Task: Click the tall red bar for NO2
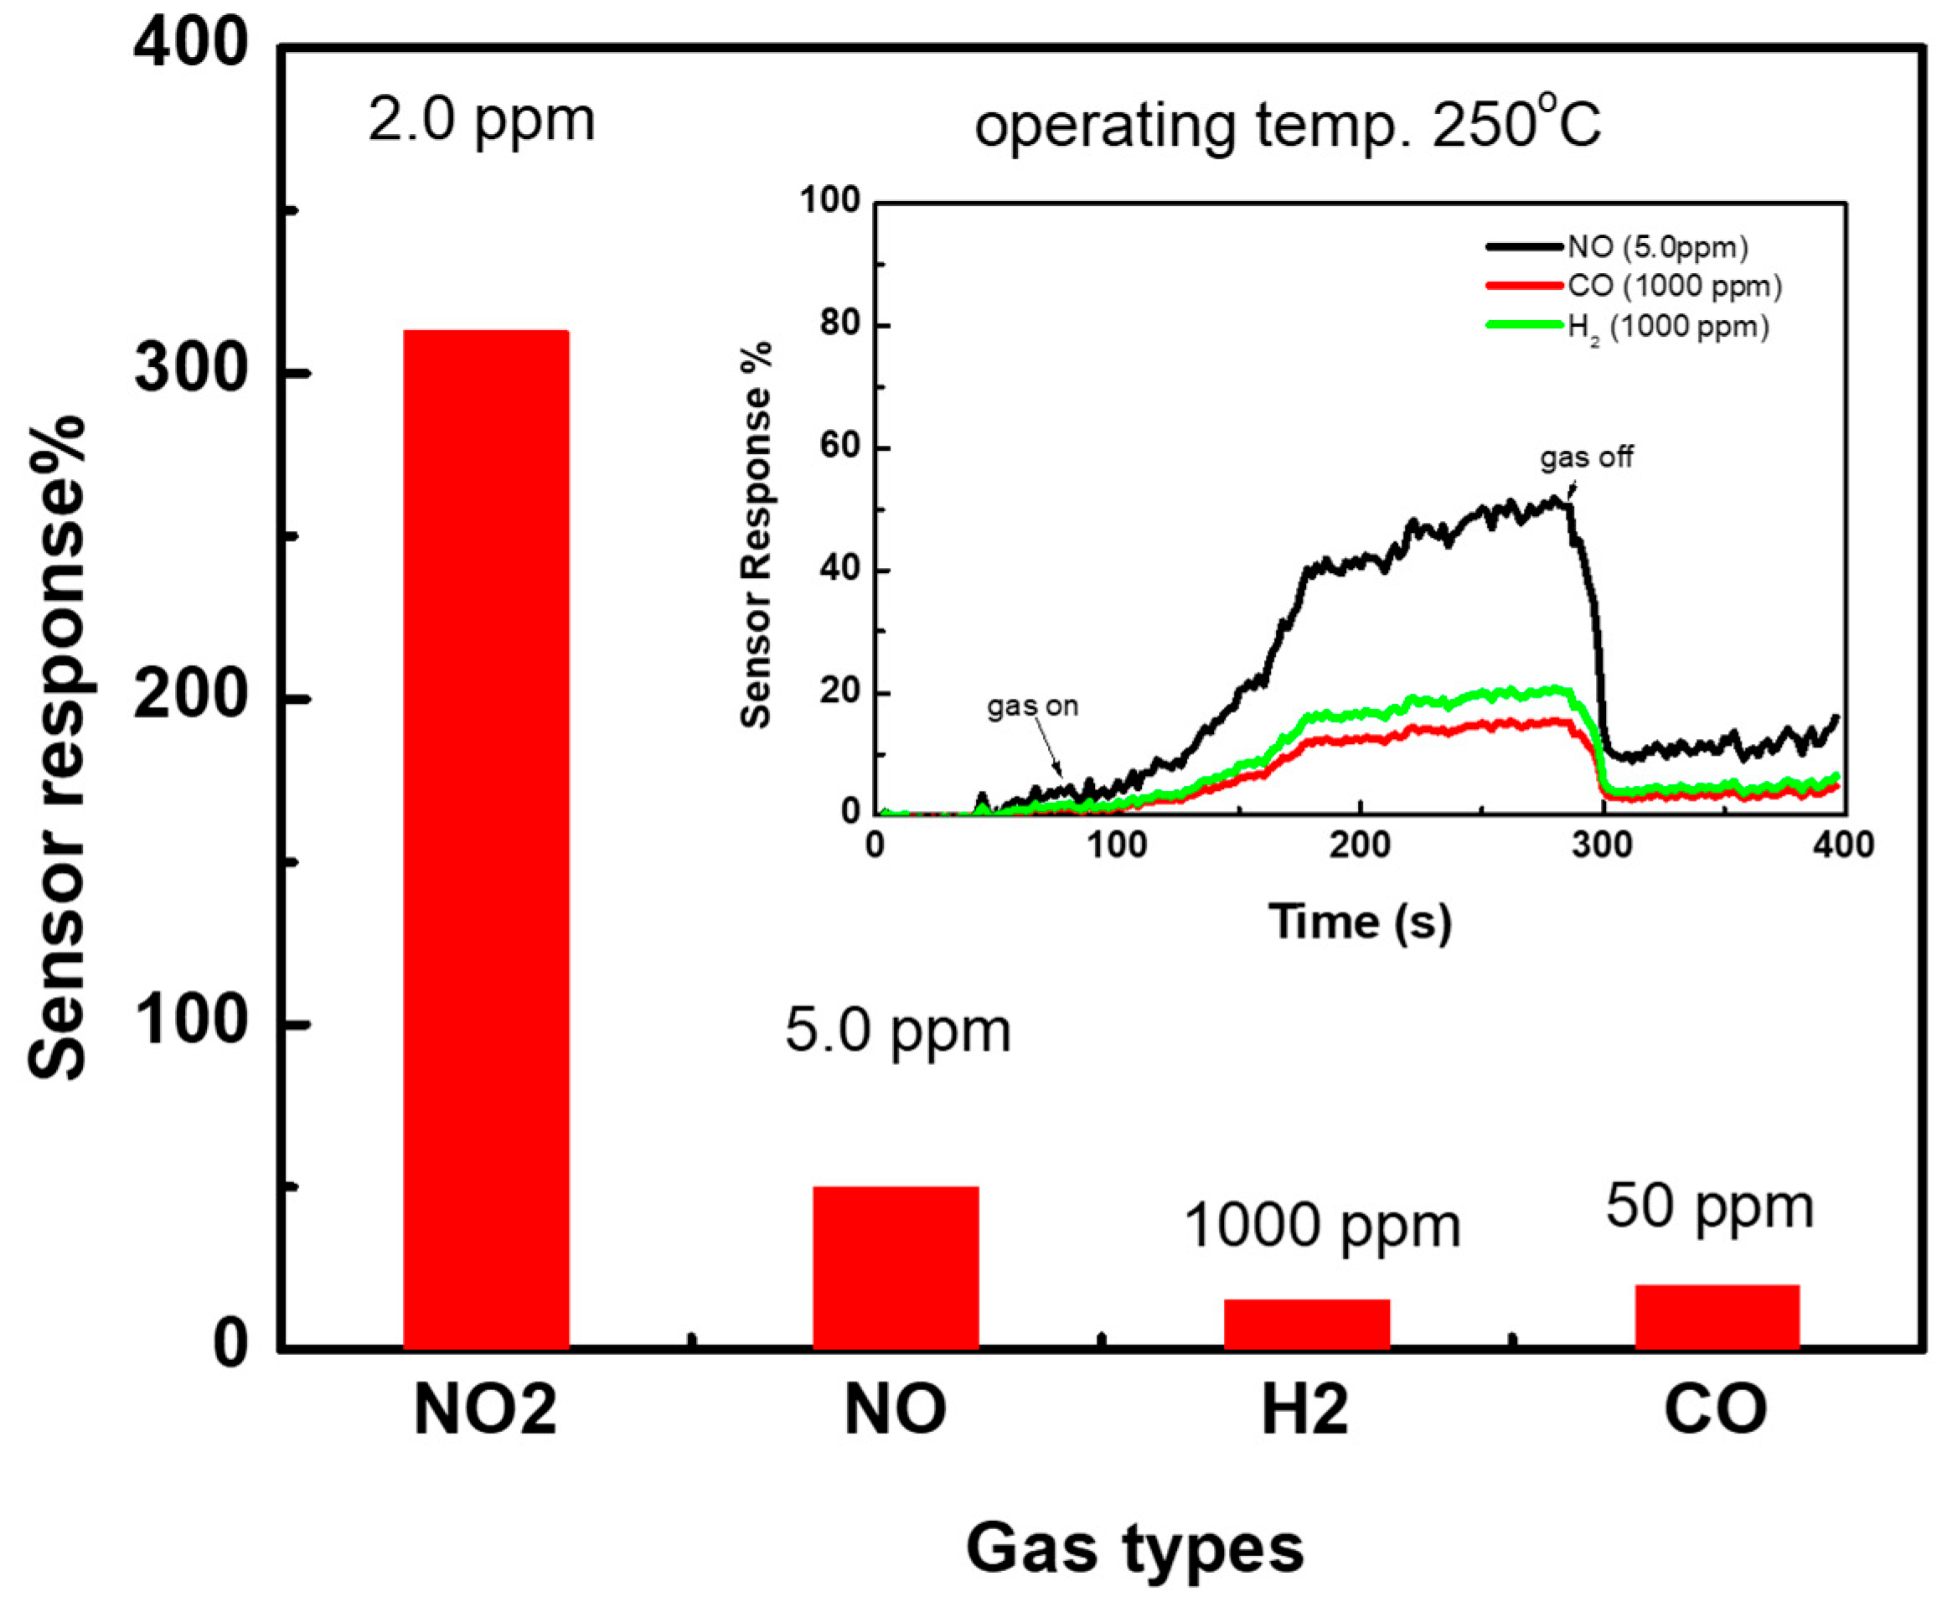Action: pos(486,839)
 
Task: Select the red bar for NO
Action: pos(895,1268)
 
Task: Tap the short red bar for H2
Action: pos(1306,1324)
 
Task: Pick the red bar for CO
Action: pos(1717,1316)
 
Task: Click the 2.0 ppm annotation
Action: pos(481,121)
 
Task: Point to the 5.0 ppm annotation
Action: pos(897,1031)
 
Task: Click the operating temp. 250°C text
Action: pos(1288,126)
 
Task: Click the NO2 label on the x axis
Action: pos(485,1409)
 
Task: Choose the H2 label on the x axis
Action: pos(1304,1409)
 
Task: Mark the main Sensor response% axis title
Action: pos(57,747)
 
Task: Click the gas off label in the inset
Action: pos(1587,457)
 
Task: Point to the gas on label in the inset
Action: pos(1032,706)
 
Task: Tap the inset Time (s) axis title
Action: pos(1360,921)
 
